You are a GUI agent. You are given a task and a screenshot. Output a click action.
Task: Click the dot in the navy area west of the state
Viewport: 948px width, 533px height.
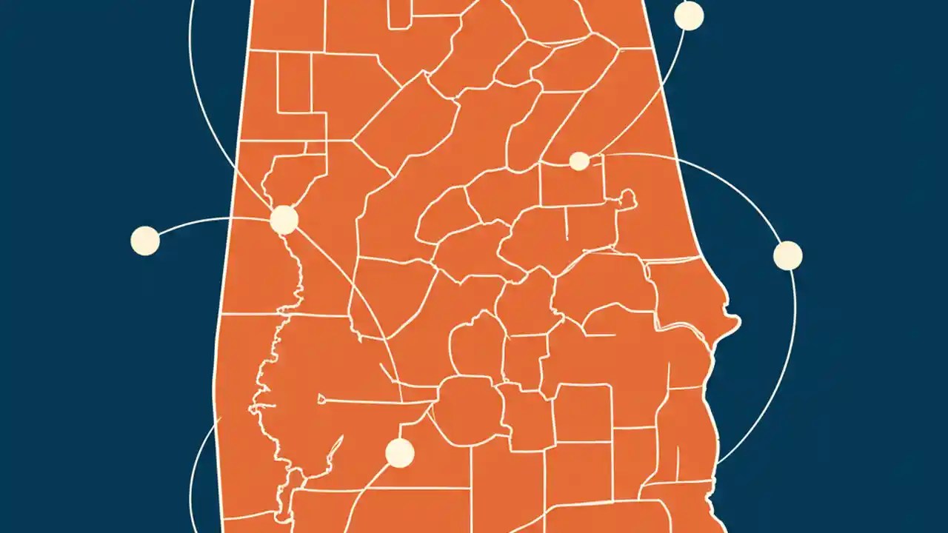(145, 241)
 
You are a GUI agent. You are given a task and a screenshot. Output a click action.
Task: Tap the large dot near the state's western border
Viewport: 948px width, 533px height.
(284, 220)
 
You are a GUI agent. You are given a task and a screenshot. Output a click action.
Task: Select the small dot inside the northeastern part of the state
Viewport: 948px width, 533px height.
(579, 161)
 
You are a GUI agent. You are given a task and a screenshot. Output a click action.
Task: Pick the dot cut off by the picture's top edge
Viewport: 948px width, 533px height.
(689, 15)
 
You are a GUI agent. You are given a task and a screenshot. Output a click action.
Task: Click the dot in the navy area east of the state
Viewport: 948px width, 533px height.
(787, 255)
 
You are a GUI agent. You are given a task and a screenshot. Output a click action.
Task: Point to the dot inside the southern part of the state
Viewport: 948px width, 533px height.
(400, 453)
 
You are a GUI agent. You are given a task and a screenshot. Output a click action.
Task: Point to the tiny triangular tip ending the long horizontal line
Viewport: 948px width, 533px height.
(321, 400)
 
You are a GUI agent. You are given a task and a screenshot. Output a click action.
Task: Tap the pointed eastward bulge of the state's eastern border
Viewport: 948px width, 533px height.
(735, 321)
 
